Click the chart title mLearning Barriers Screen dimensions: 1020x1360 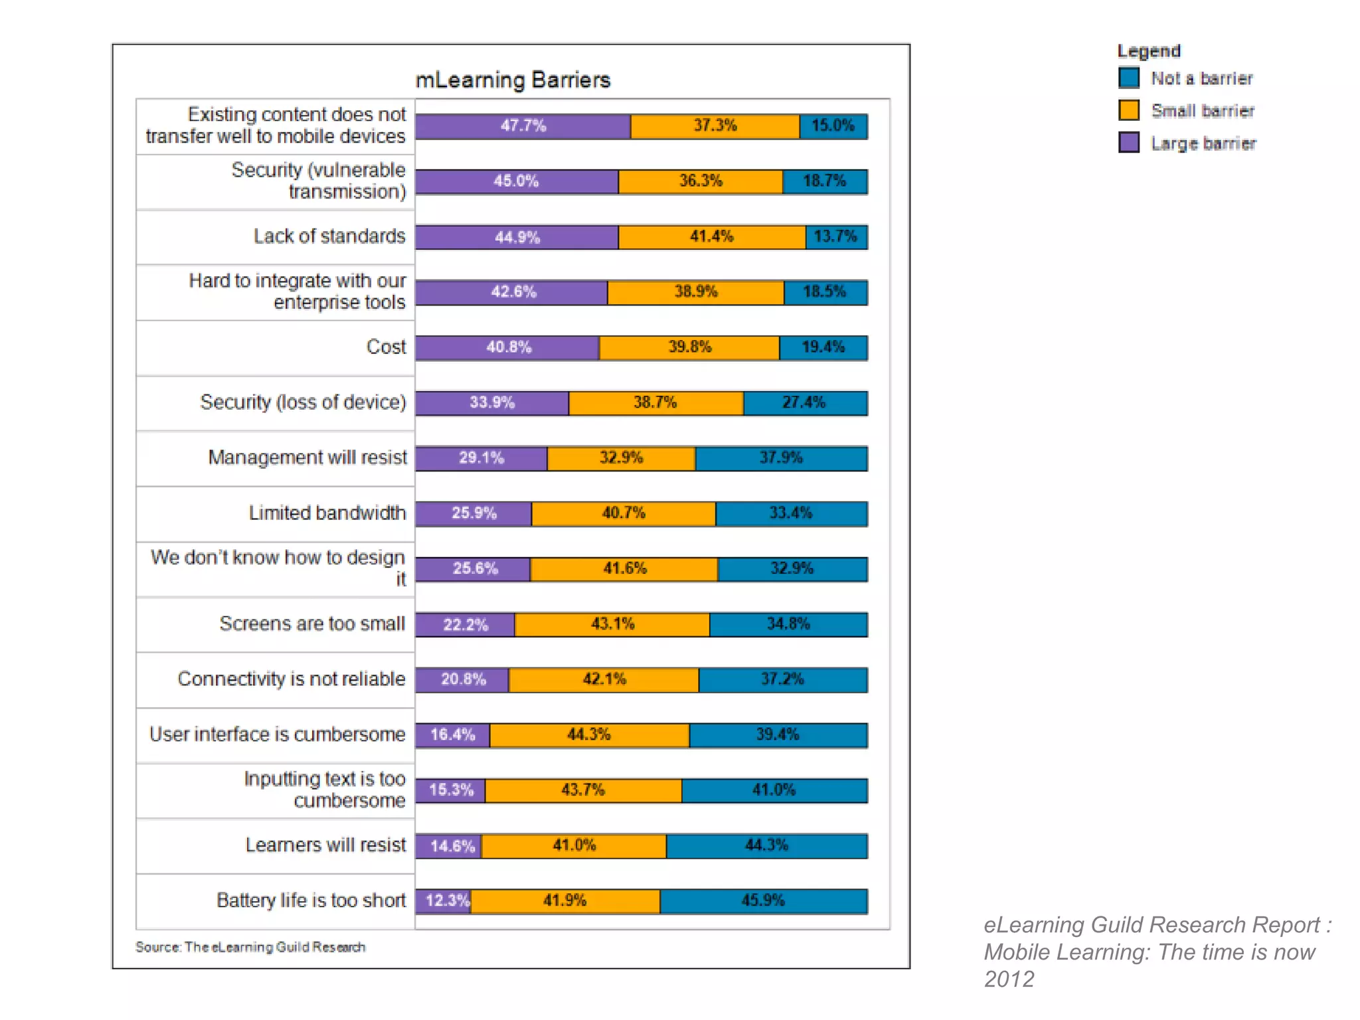click(512, 80)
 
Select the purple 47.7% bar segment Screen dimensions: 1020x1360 click(523, 126)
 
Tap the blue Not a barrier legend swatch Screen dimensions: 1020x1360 click(1128, 78)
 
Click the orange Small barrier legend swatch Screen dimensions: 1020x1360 click(1128, 110)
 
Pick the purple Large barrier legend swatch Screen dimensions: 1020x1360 click(1128, 142)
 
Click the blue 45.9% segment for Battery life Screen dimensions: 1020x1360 click(763, 901)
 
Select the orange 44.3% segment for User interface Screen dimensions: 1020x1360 click(589, 735)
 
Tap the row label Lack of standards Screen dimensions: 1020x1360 click(329, 236)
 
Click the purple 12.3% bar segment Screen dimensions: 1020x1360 click(443, 901)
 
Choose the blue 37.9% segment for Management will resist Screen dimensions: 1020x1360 click(781, 458)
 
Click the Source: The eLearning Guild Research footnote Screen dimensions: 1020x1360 click(250, 947)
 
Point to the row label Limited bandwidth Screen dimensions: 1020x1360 click(327, 513)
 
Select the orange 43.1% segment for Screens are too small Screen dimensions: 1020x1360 click(612, 624)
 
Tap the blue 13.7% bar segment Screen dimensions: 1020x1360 click(835, 237)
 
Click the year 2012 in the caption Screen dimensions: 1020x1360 click(1009, 979)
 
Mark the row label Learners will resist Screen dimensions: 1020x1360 click(325, 845)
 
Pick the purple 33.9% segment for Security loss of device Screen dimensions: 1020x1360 click(491, 403)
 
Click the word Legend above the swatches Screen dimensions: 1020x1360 click(1148, 51)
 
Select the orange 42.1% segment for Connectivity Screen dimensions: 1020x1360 click(603, 679)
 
